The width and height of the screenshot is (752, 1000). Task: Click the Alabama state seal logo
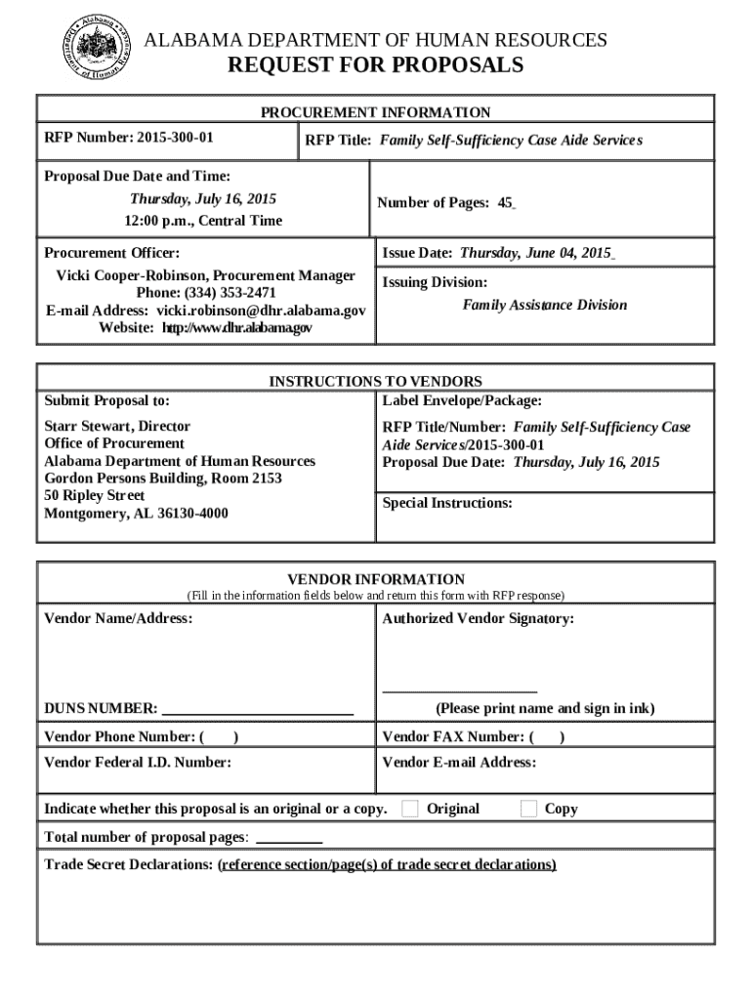pyautogui.click(x=96, y=49)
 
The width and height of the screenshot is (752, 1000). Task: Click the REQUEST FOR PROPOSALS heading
pyautogui.click(x=375, y=65)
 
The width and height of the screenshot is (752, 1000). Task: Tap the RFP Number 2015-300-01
pyautogui.click(x=175, y=136)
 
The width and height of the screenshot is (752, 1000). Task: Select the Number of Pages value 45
pyautogui.click(x=505, y=203)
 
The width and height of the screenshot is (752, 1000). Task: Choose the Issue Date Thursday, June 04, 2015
pyautogui.click(x=536, y=253)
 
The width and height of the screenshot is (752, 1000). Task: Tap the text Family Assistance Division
pyautogui.click(x=544, y=305)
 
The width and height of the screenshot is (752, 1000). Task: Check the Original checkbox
pyautogui.click(x=411, y=808)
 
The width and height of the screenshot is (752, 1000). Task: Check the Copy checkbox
pyautogui.click(x=528, y=808)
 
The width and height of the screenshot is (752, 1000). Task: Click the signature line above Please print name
pyautogui.click(x=459, y=689)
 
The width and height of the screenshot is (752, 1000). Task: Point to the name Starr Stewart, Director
pyautogui.click(x=117, y=426)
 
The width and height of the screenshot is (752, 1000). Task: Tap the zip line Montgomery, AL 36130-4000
pyautogui.click(x=136, y=514)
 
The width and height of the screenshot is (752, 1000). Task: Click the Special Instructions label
pyautogui.click(x=446, y=503)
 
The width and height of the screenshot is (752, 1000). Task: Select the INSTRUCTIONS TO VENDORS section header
pyautogui.click(x=375, y=381)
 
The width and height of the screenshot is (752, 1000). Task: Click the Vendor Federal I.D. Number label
pyautogui.click(x=138, y=763)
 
